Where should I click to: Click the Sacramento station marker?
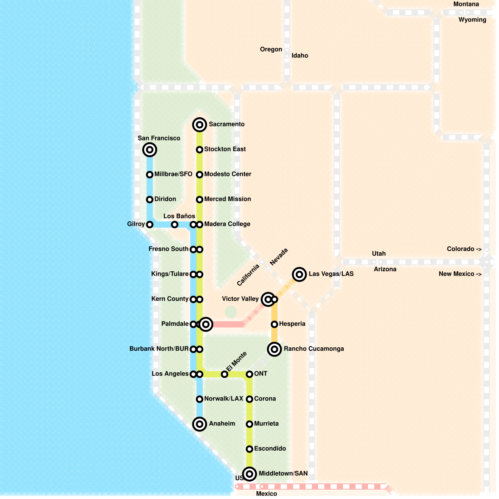pyautogui.click(x=200, y=125)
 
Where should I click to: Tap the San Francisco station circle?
pyautogui.click(x=150, y=150)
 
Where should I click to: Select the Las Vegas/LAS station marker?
pyautogui.click(x=299, y=274)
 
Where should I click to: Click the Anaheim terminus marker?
pyautogui.click(x=200, y=424)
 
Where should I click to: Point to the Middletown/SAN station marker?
pyautogui.click(x=249, y=474)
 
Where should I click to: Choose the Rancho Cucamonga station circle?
pyautogui.click(x=274, y=349)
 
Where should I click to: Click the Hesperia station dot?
pyautogui.click(x=274, y=324)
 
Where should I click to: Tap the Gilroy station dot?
pyautogui.click(x=150, y=225)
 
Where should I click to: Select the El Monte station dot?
pyautogui.click(x=225, y=374)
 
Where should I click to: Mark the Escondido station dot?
pyautogui.click(x=249, y=449)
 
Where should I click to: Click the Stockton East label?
pyautogui.click(x=225, y=149)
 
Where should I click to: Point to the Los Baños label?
pyautogui.click(x=179, y=216)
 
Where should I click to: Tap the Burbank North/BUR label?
pyautogui.click(x=159, y=349)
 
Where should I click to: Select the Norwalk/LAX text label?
pyautogui.click(x=224, y=399)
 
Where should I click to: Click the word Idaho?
pyautogui.click(x=300, y=56)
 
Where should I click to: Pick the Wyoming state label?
pyautogui.click(x=472, y=20)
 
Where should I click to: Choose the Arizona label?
pyautogui.click(x=385, y=269)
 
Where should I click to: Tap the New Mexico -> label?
pyautogui.click(x=460, y=274)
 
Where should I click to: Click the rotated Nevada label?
pyautogui.click(x=279, y=257)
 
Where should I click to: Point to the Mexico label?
pyautogui.click(x=266, y=494)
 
